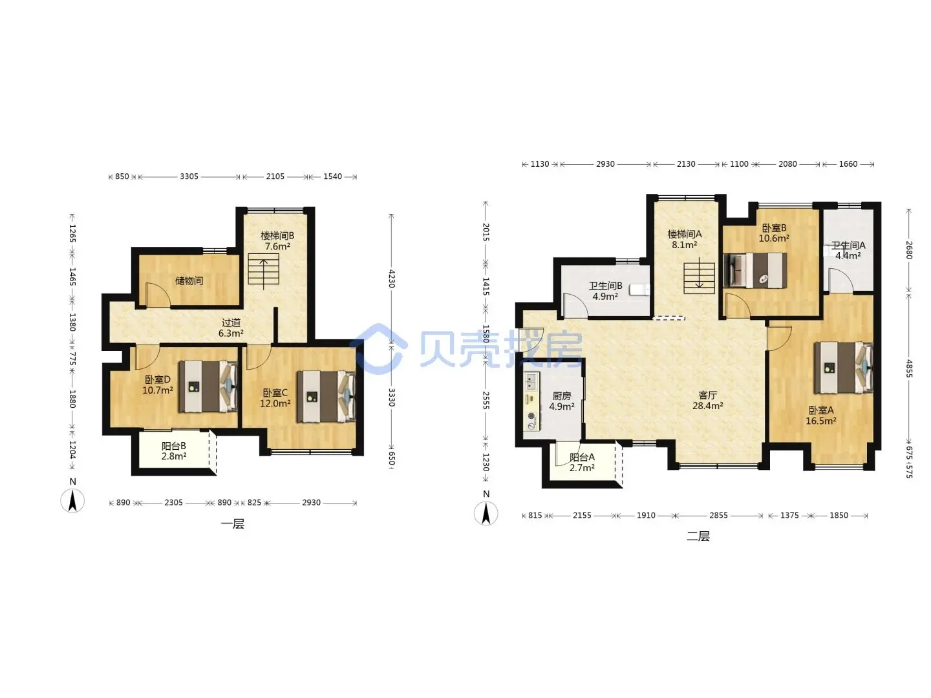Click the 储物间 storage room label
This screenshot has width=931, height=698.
click(x=189, y=280)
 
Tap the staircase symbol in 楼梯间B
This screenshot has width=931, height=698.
click(x=263, y=269)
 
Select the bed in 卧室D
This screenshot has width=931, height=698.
click(x=208, y=386)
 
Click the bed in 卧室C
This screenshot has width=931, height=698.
click(x=326, y=396)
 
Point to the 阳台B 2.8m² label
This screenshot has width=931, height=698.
click(x=173, y=451)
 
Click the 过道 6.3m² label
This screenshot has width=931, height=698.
click(x=231, y=328)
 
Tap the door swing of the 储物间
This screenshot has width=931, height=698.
click(x=158, y=294)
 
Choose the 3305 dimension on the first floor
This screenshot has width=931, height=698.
click(x=189, y=176)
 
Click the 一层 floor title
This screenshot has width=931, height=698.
click(x=233, y=523)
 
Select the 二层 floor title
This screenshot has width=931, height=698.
click(x=698, y=536)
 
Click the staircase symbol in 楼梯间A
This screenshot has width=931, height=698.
click(x=699, y=278)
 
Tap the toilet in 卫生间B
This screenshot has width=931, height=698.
click(x=639, y=290)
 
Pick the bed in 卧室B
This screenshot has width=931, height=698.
click(x=755, y=270)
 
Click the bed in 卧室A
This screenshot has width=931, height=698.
click(x=843, y=368)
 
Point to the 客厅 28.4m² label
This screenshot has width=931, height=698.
click(x=707, y=401)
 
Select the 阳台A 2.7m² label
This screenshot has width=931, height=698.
click(x=582, y=462)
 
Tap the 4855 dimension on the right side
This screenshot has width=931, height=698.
click(x=909, y=368)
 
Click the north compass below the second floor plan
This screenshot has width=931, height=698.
click(x=486, y=513)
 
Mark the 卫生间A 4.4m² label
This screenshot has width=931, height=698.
click(x=848, y=251)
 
